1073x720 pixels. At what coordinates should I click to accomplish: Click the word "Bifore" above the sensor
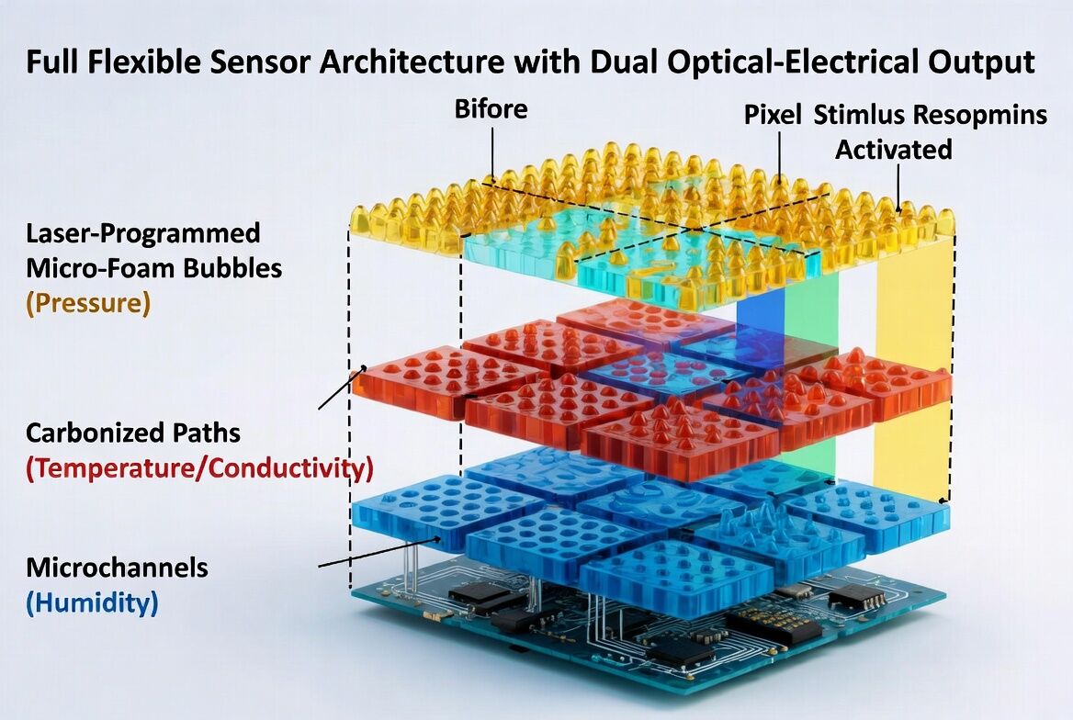tap(491, 108)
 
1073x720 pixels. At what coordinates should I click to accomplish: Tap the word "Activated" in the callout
tap(893, 149)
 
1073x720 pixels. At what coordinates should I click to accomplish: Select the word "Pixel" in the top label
tap(774, 115)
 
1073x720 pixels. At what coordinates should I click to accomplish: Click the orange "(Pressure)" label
tap(88, 303)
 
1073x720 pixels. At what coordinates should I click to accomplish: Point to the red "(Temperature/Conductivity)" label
tap(199, 467)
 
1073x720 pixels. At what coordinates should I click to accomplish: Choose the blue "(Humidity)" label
tap(92, 602)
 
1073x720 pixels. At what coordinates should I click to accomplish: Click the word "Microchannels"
tap(117, 568)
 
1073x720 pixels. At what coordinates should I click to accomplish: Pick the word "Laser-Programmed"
tap(142, 232)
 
